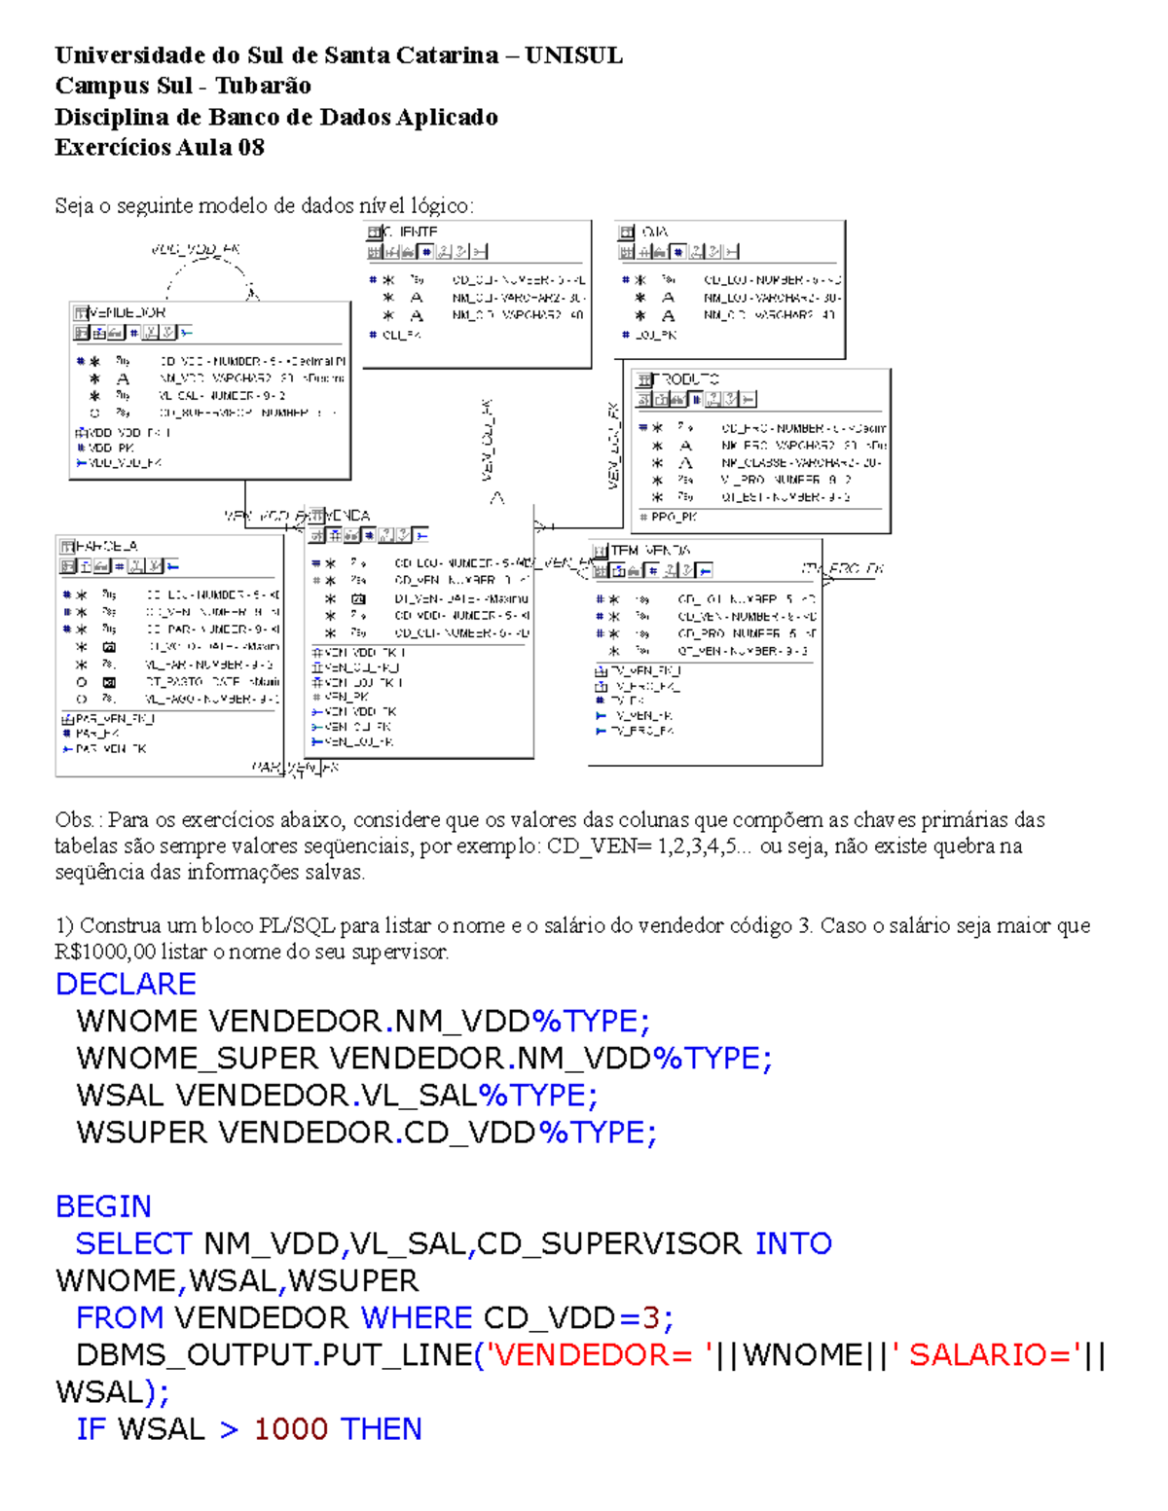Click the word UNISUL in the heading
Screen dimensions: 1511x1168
point(573,55)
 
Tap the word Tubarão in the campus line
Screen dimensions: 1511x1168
point(263,86)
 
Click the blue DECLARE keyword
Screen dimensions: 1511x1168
point(126,984)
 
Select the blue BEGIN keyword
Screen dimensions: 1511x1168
point(103,1206)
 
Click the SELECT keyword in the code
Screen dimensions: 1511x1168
point(133,1243)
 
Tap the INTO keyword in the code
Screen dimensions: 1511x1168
point(793,1243)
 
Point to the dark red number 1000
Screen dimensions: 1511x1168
point(290,1429)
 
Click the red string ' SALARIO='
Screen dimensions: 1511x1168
point(983,1354)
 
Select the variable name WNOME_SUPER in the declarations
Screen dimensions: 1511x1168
point(197,1058)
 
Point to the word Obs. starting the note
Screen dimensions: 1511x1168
point(74,820)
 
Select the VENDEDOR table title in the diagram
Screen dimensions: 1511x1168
point(127,312)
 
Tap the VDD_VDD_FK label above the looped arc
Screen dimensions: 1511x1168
point(196,250)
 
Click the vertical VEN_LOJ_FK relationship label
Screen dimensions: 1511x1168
point(613,445)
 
